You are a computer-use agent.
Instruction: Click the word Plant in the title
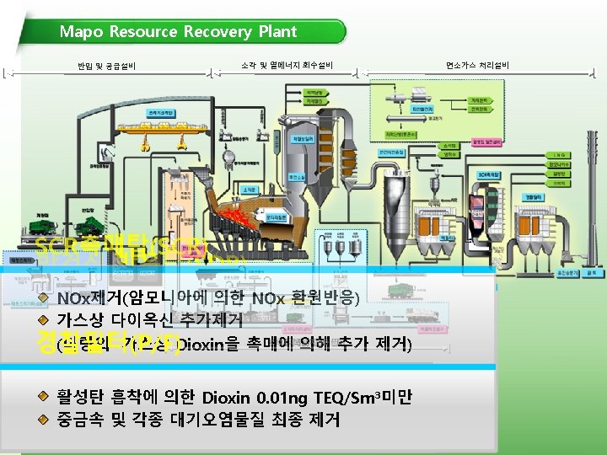[x=276, y=32]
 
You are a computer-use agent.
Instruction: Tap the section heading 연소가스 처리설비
[x=477, y=65]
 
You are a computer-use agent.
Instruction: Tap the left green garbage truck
[x=51, y=222]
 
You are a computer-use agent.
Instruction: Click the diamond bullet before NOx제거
[x=42, y=298]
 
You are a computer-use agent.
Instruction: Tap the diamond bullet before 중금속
[x=42, y=418]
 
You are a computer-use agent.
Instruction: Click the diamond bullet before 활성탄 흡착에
[x=42, y=397]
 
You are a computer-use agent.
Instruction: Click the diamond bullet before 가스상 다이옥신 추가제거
[x=42, y=319]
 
